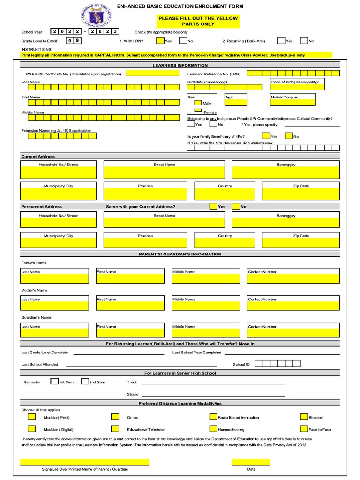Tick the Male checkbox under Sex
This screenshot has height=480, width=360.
[198, 103]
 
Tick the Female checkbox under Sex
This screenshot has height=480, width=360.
[198, 111]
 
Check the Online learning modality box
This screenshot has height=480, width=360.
[115, 416]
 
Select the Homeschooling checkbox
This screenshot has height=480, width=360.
[213, 428]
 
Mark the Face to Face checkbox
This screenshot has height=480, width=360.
[304, 428]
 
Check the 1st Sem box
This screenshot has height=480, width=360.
[54, 381]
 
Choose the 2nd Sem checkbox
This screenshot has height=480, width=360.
[84, 381]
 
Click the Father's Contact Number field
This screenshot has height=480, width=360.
[293, 278]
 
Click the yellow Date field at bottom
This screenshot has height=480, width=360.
[251, 462]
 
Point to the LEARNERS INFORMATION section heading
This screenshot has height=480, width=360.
[180, 65]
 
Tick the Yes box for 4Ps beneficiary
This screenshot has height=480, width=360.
[266, 136]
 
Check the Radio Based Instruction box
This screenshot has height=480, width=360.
[213, 416]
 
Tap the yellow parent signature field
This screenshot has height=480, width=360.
[84, 462]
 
